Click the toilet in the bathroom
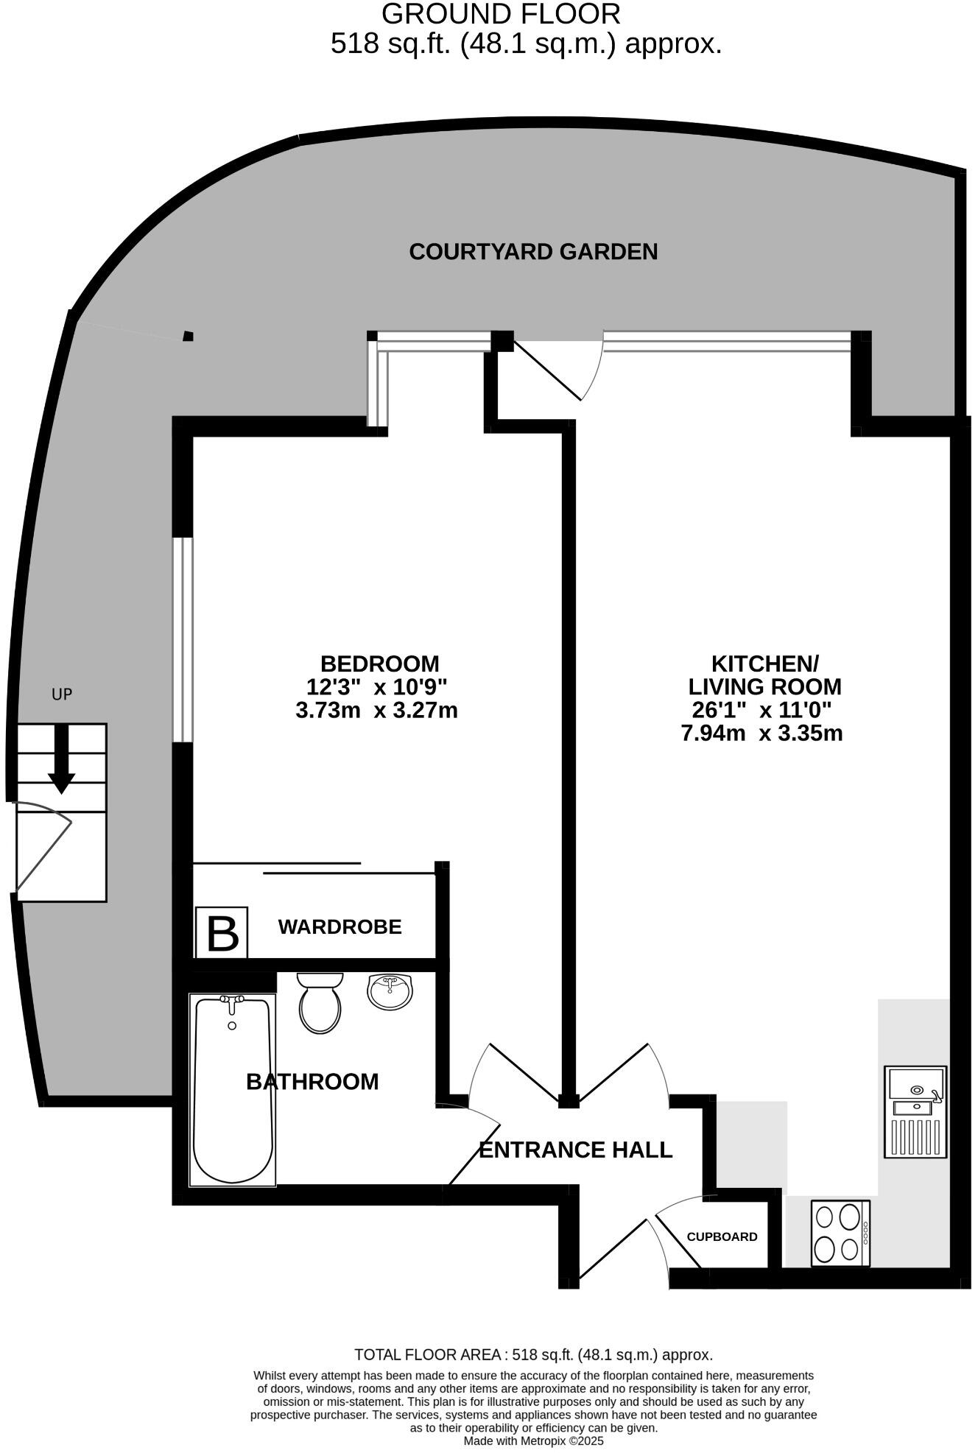pyautogui.click(x=320, y=1003)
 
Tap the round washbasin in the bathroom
pyautogui.click(x=390, y=991)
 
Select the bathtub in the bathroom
pyautogui.click(x=233, y=1089)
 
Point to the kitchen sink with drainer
pyautogui.click(x=916, y=1111)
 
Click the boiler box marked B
pyautogui.click(x=222, y=932)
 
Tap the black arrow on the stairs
pyautogui.click(x=61, y=759)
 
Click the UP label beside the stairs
pyautogui.click(x=62, y=694)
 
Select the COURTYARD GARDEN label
pyautogui.click(x=533, y=252)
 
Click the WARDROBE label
pyautogui.click(x=340, y=926)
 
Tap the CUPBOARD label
pyautogui.click(x=722, y=1236)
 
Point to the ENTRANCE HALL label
pyautogui.click(x=575, y=1150)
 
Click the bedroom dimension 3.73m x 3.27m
pyautogui.click(x=376, y=711)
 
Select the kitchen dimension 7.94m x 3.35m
pyautogui.click(x=762, y=733)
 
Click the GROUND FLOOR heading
pyautogui.click(x=501, y=14)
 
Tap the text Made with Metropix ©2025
pyautogui.click(x=533, y=1440)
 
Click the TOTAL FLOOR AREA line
pyautogui.click(x=533, y=1354)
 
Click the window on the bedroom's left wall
pyautogui.click(x=183, y=639)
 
